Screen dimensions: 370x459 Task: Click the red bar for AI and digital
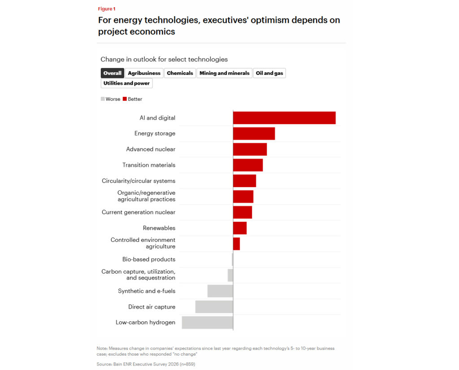(284, 118)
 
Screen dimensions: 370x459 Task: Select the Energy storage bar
(254, 133)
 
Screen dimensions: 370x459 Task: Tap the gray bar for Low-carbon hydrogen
(208, 323)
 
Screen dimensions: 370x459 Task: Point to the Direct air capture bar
(214, 307)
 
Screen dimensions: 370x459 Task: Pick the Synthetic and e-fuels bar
(220, 291)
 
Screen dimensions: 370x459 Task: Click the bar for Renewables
(240, 228)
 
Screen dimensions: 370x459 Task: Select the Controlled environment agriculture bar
(236, 244)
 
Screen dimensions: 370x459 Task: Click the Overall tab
(112, 73)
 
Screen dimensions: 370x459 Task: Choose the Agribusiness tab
(144, 73)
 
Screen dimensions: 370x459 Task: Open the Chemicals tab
(180, 73)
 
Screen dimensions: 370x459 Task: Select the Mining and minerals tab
(224, 73)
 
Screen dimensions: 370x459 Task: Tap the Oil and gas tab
(269, 73)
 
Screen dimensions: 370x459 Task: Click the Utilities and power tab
(126, 83)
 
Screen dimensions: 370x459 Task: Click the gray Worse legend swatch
(103, 99)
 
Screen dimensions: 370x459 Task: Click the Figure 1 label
(107, 9)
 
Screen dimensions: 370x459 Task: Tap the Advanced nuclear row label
(151, 149)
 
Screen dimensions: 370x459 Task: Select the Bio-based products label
(149, 259)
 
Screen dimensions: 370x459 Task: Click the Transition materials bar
(248, 165)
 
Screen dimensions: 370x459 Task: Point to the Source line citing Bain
(146, 364)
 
